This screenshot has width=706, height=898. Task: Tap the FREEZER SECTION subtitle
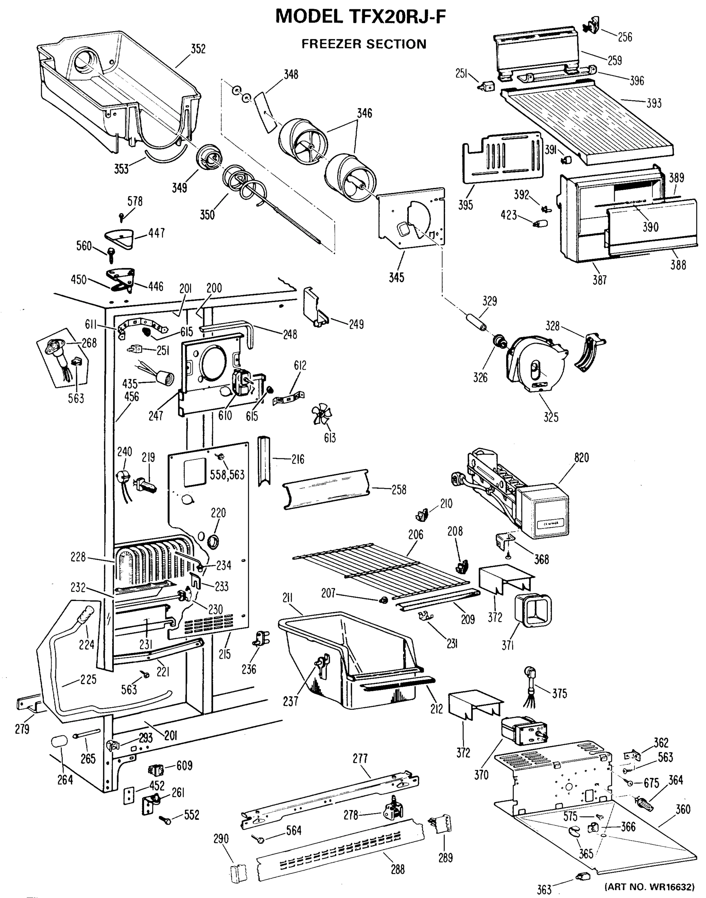(x=363, y=44)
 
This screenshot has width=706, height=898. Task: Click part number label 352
(x=198, y=49)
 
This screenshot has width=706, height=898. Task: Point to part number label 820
(x=581, y=458)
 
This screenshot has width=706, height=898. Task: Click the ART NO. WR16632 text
(x=650, y=887)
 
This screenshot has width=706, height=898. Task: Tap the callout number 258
(x=399, y=489)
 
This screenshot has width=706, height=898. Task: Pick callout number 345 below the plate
(x=396, y=277)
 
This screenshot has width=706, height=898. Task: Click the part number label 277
(x=360, y=758)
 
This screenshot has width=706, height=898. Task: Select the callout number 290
(x=221, y=839)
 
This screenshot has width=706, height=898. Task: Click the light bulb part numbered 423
(x=540, y=224)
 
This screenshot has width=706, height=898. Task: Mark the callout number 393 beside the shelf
(x=654, y=103)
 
